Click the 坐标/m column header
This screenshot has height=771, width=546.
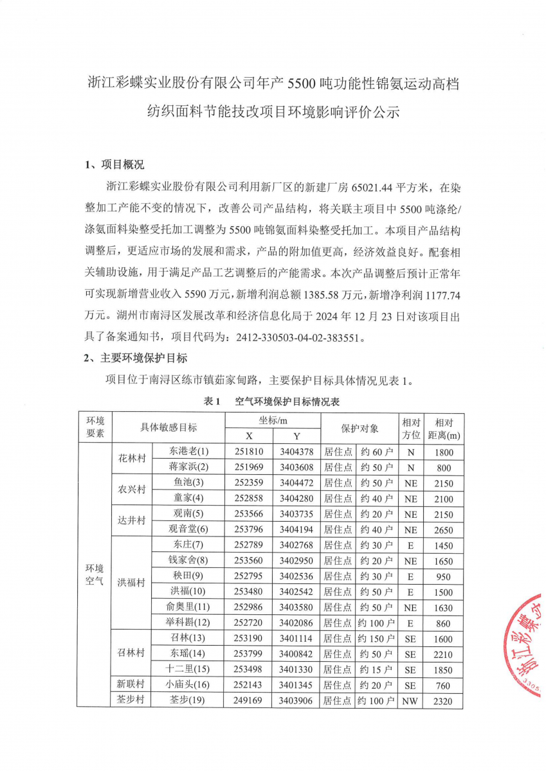273,420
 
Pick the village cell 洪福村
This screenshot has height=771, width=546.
131,583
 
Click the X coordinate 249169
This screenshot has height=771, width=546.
249,701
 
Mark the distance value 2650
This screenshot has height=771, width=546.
443,530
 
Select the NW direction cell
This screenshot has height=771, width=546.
410,701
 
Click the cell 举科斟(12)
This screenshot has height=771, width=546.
188,623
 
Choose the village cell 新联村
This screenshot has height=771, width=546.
131,685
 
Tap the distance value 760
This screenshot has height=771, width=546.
443,686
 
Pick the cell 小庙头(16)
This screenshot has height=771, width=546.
188,685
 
